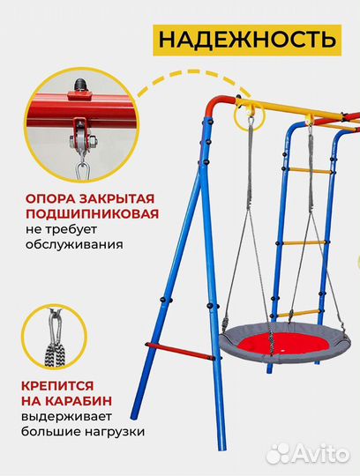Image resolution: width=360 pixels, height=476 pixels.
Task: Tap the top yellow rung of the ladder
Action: click(x=303, y=169)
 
